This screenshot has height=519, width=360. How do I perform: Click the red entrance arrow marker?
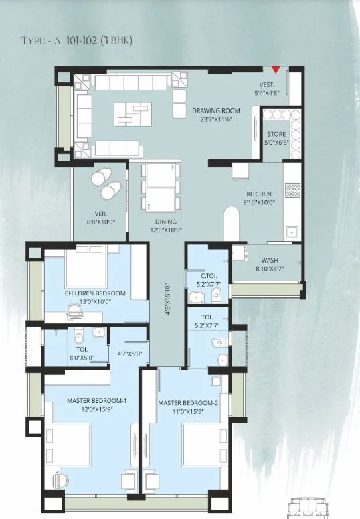(275, 69)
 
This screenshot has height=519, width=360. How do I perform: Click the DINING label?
(163, 222)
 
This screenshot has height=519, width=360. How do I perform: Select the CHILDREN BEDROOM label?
(95, 293)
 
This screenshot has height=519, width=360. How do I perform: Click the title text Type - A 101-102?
(77, 41)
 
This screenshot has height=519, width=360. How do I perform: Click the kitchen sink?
(290, 232)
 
